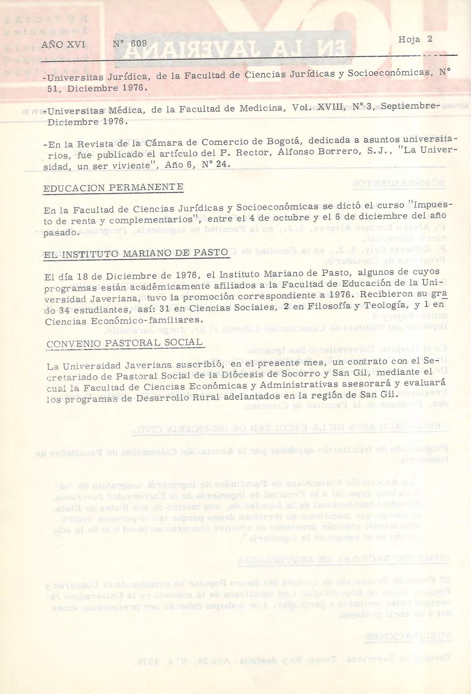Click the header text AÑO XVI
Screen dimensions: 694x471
[x=63, y=45]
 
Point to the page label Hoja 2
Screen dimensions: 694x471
[x=415, y=40]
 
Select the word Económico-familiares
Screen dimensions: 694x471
[x=164, y=320]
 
